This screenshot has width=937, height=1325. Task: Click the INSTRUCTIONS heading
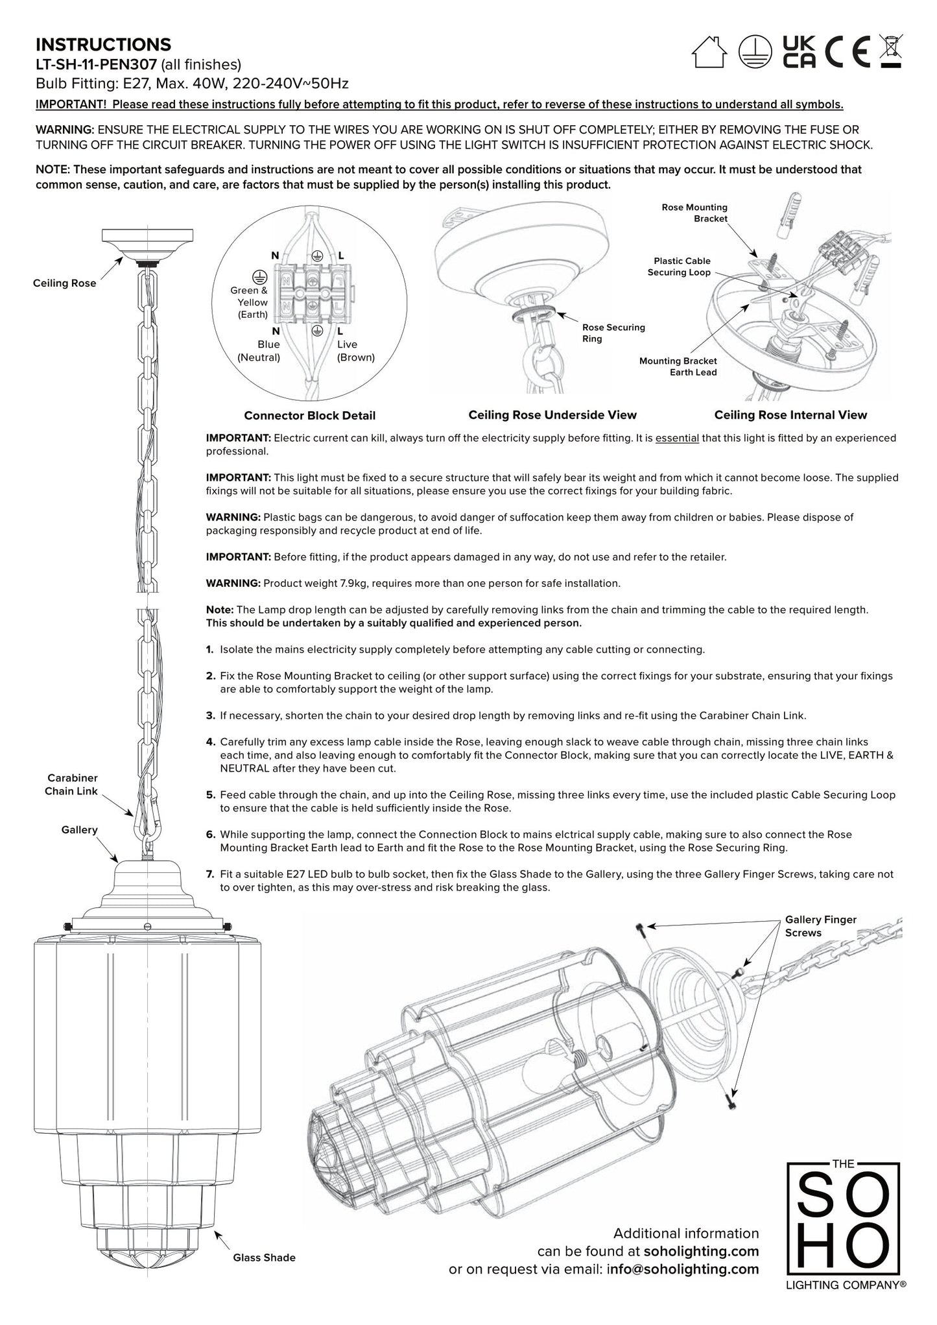(x=103, y=45)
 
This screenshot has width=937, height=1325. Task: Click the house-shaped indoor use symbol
(x=709, y=52)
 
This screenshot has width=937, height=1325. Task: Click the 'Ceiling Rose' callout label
(x=64, y=283)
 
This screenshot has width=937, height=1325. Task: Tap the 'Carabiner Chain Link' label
(x=71, y=784)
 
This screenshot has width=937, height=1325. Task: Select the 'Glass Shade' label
(x=264, y=1258)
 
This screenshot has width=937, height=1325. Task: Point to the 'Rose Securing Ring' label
(x=613, y=333)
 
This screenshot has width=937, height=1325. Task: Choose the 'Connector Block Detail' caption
(x=309, y=416)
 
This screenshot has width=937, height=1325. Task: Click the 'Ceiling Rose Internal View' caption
(x=790, y=415)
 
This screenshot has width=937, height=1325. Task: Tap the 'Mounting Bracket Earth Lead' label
(x=678, y=366)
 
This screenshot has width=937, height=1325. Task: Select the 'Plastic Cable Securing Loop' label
(x=678, y=267)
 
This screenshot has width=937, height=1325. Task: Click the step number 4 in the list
(x=210, y=741)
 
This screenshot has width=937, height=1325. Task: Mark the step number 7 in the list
(x=210, y=874)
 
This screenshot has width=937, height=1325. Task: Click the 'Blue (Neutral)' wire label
(x=259, y=351)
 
